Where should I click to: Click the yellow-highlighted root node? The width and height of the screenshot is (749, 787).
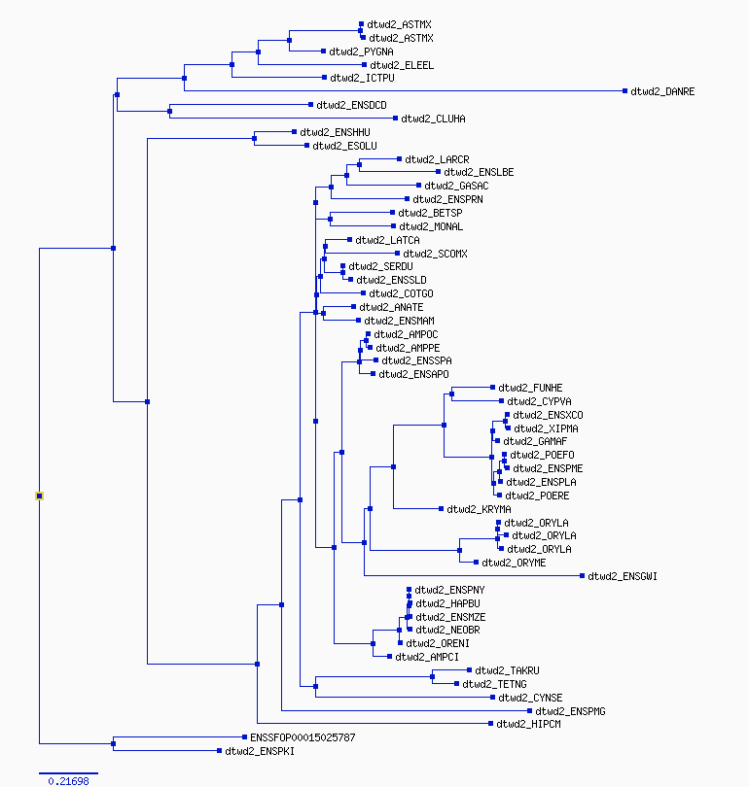pos(39,496)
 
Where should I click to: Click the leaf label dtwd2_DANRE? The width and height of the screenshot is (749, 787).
pos(662,91)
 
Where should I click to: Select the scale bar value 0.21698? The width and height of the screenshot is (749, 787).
pos(68,781)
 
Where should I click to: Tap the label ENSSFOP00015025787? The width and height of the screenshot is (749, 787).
pos(303,737)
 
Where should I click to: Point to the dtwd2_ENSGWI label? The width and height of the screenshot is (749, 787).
pos(623,576)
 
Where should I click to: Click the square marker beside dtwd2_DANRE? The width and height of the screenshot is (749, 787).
pos(624,91)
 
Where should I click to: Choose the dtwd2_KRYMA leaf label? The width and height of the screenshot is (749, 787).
pos(479,509)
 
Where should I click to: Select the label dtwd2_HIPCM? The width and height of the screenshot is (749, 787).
pos(528,724)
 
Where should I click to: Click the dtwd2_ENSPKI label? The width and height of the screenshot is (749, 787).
pos(260,751)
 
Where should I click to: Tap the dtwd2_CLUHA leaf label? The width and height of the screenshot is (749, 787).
pos(433,119)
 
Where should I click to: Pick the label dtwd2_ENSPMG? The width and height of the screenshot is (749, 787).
pos(570,711)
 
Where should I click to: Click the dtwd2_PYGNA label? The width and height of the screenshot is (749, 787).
pos(361,51)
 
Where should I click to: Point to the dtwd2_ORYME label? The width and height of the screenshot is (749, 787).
pos(514,563)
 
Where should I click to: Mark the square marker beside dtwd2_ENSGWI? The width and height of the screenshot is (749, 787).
pos(583,576)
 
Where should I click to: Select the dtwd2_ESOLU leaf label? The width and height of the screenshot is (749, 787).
pos(344,146)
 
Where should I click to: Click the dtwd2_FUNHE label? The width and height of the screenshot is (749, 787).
pos(530,388)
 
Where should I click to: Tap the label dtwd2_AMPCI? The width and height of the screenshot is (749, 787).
pos(427,657)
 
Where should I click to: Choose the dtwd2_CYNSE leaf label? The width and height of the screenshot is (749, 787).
pos(530,698)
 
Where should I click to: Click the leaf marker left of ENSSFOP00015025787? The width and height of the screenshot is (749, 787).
pos(245,736)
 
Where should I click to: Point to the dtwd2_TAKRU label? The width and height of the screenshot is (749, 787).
pos(507,670)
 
